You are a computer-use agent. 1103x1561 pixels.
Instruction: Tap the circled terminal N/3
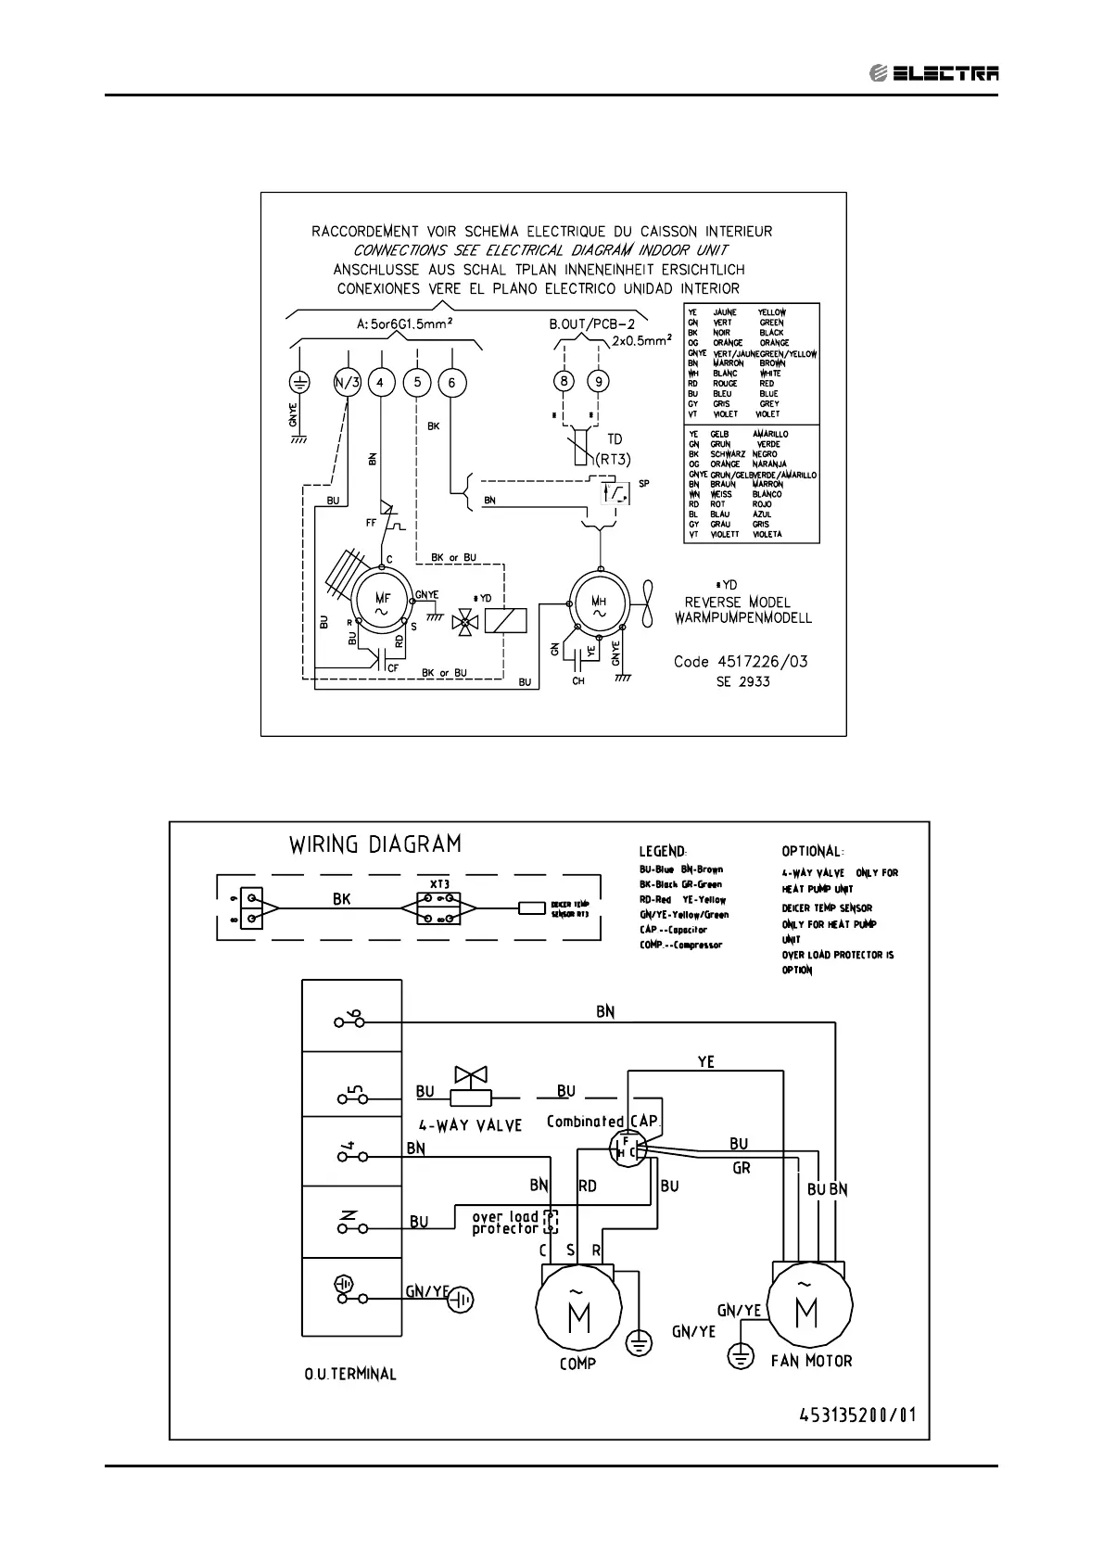coord(346,382)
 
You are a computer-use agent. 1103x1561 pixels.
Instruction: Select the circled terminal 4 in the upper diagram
coord(380,382)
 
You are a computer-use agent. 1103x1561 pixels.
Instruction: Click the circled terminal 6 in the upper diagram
coord(451,382)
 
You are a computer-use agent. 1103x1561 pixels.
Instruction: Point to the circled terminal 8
coord(564,381)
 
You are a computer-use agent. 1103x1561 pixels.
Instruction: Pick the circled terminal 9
coord(599,381)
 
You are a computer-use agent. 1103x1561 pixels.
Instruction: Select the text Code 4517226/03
coord(740,662)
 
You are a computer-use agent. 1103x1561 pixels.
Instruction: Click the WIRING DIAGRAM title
coord(374,844)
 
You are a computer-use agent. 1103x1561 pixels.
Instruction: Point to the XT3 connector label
coord(439,884)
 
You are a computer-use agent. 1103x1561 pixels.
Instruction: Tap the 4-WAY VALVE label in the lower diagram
coord(470,1125)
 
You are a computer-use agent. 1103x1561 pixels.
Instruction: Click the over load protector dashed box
coord(551,1222)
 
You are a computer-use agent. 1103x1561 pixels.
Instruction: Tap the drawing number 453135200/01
coord(856,1415)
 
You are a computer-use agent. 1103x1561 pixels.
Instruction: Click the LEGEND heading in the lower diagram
coord(662,851)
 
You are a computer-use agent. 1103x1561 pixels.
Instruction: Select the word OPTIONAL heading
coord(811,851)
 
